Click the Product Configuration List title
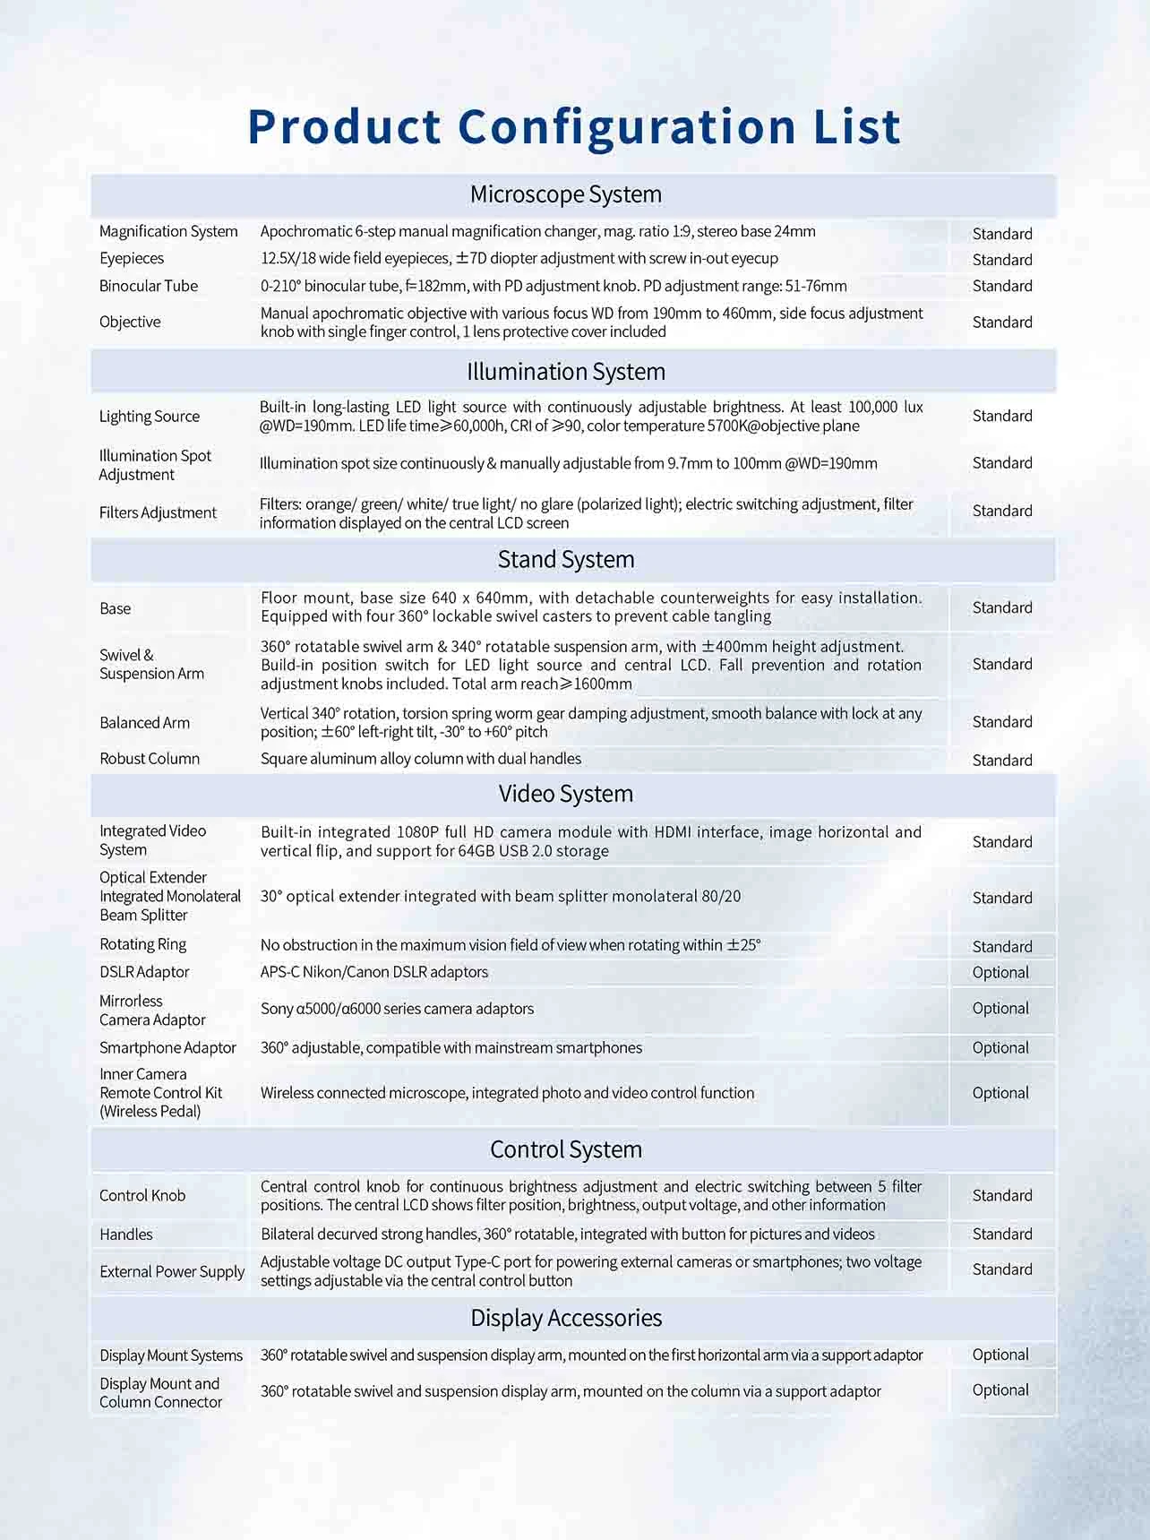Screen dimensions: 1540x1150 click(x=574, y=126)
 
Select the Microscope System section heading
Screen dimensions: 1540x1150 click(x=566, y=194)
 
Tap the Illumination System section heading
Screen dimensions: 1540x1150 click(x=566, y=371)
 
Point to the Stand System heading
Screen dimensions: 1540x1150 click(x=566, y=559)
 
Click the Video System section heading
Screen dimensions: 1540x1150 click(x=566, y=794)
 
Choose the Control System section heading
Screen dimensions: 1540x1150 click(x=566, y=1149)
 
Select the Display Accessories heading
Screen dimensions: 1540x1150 click(x=566, y=1318)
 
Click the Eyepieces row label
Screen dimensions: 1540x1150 click(x=132, y=258)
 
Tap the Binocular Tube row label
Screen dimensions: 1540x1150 click(x=149, y=286)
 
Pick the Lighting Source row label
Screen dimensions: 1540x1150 click(x=150, y=416)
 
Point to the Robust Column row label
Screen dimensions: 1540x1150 click(x=150, y=758)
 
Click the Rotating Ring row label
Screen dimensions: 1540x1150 click(x=143, y=944)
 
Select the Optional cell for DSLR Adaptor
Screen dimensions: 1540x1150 click(x=1000, y=972)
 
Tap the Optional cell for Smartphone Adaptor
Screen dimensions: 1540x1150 click(x=1000, y=1047)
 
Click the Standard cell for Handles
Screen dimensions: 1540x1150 click(x=1002, y=1234)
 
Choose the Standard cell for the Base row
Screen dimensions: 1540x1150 click(x=1002, y=607)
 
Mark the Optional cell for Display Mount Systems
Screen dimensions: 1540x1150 click(x=1000, y=1355)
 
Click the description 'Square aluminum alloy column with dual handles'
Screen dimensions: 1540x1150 click(x=421, y=759)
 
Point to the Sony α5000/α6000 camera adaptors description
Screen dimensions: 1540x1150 click(x=397, y=1009)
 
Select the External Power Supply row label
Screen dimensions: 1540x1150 click(x=172, y=1271)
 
